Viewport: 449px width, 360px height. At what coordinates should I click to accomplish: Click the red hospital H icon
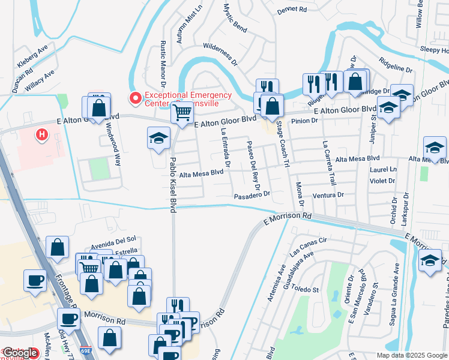click(x=41, y=135)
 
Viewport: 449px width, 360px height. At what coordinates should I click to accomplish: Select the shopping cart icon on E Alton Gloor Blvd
click(x=181, y=112)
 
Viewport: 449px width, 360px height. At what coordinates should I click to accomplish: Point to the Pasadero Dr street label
click(x=253, y=196)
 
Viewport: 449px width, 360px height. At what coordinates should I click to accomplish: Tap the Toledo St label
click(x=306, y=289)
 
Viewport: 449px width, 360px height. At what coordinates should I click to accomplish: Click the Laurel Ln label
click(x=384, y=170)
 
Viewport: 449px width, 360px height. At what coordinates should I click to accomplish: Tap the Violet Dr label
click(x=382, y=180)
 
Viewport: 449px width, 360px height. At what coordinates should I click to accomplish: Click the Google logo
click(x=20, y=353)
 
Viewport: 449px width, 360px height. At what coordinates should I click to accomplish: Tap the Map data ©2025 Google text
click(x=412, y=355)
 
